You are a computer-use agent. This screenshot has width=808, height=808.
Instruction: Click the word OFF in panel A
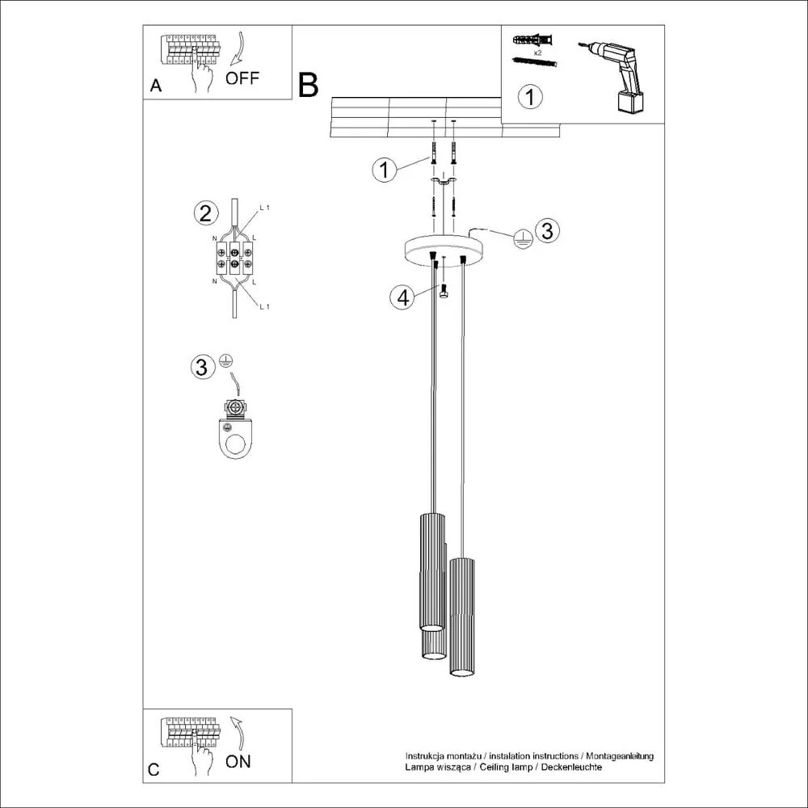[242, 78]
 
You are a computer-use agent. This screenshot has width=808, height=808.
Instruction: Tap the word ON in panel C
[238, 761]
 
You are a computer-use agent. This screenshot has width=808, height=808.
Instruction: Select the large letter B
[308, 85]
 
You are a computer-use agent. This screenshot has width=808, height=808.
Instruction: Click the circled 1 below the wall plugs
[529, 97]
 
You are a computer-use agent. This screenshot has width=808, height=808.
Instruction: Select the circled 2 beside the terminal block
[206, 213]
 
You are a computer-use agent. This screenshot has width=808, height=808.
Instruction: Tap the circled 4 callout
[402, 297]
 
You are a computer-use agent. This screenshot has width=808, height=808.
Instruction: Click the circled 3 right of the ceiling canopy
[547, 231]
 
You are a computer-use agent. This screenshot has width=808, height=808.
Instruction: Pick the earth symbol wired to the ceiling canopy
[522, 237]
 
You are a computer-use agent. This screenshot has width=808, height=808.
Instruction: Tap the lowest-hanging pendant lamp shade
[461, 618]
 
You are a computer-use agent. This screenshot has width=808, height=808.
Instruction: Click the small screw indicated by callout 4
[443, 292]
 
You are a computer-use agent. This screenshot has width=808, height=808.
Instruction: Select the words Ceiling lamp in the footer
[506, 766]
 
